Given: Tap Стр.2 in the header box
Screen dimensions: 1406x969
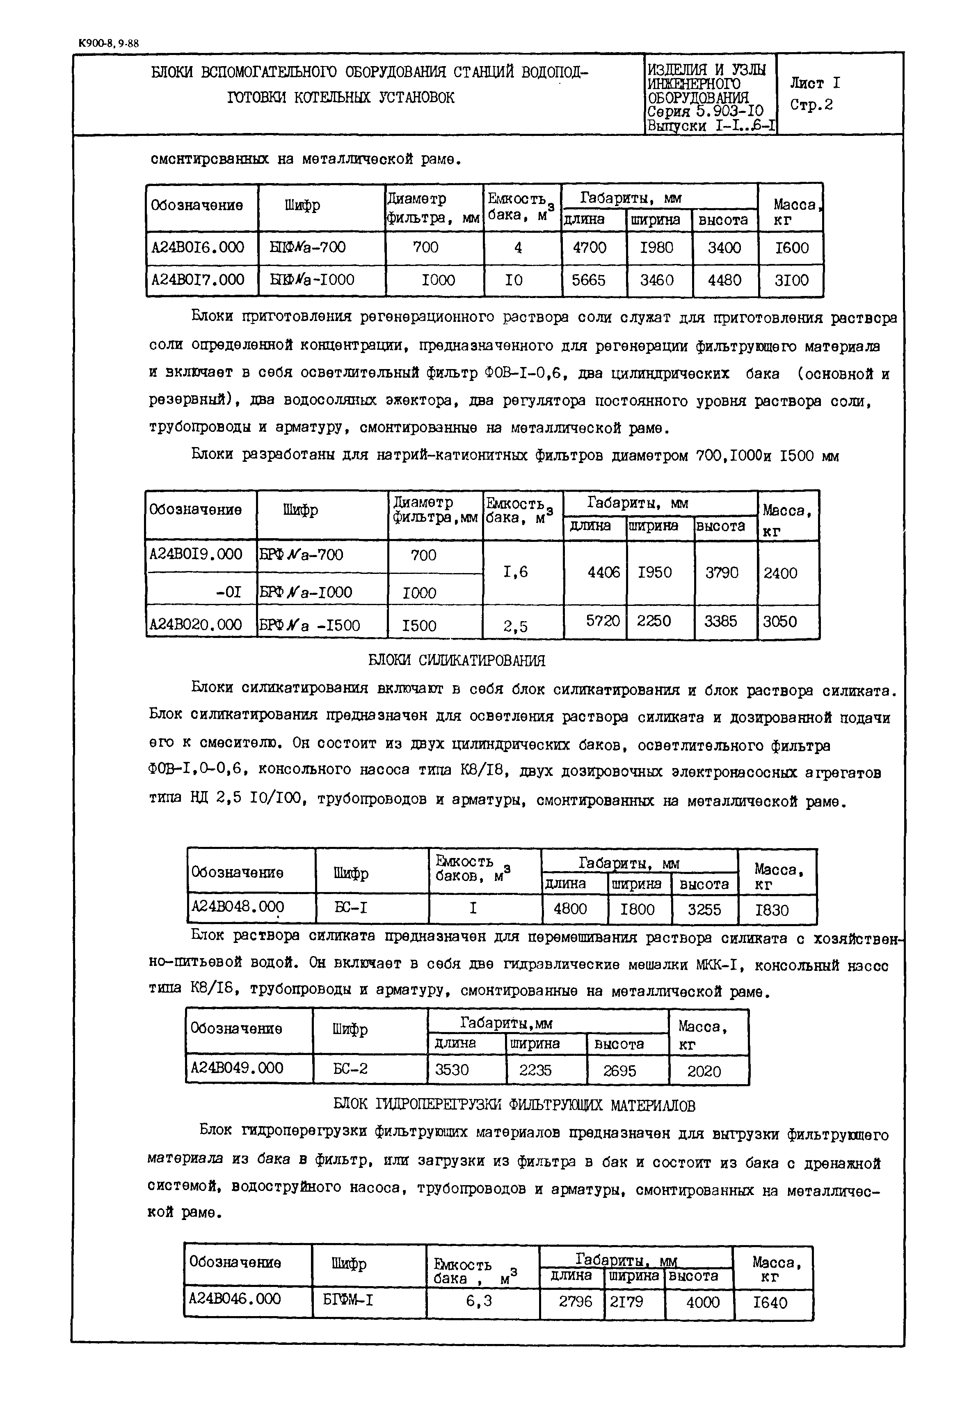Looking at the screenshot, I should click(811, 105).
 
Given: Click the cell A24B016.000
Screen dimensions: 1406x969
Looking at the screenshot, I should click(198, 247).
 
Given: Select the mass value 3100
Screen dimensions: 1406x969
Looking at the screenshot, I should click(792, 280).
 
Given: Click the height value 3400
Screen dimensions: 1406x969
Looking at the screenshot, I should click(724, 247).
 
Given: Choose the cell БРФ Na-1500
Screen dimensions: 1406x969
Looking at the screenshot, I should click(310, 625).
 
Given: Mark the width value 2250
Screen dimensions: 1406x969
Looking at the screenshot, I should click(654, 621).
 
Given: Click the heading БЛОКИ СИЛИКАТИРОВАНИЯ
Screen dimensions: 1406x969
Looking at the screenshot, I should click(457, 661).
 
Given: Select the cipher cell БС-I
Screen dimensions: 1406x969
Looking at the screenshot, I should click(351, 908).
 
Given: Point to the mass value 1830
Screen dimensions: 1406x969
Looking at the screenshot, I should click(772, 910).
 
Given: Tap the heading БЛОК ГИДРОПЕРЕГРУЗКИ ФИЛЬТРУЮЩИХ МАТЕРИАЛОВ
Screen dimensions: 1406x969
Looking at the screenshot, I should click(514, 1105).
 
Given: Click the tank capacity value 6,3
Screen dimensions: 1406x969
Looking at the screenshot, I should click(479, 1301).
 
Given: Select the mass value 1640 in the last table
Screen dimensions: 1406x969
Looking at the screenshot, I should click(770, 1302).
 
